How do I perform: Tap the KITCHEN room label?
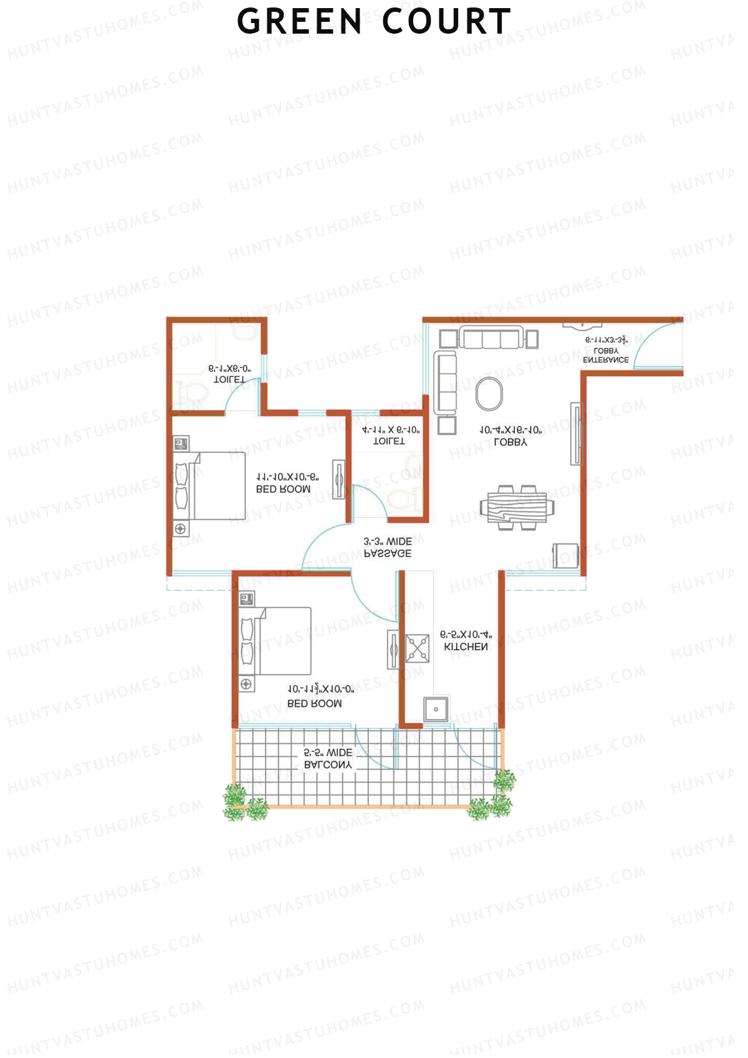(466, 647)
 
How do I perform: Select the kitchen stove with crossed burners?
(418, 648)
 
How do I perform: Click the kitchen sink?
(436, 709)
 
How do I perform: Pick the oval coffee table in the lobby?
(489, 394)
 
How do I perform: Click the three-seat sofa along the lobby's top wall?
(490, 339)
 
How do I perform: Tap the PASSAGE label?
(388, 553)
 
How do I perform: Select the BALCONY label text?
(328, 765)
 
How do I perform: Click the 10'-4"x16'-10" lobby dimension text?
(511, 430)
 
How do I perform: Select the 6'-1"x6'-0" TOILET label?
(229, 374)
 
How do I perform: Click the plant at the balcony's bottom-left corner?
(236, 801)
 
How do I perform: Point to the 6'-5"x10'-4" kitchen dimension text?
(466, 635)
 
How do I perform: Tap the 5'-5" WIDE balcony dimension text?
(328, 753)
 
